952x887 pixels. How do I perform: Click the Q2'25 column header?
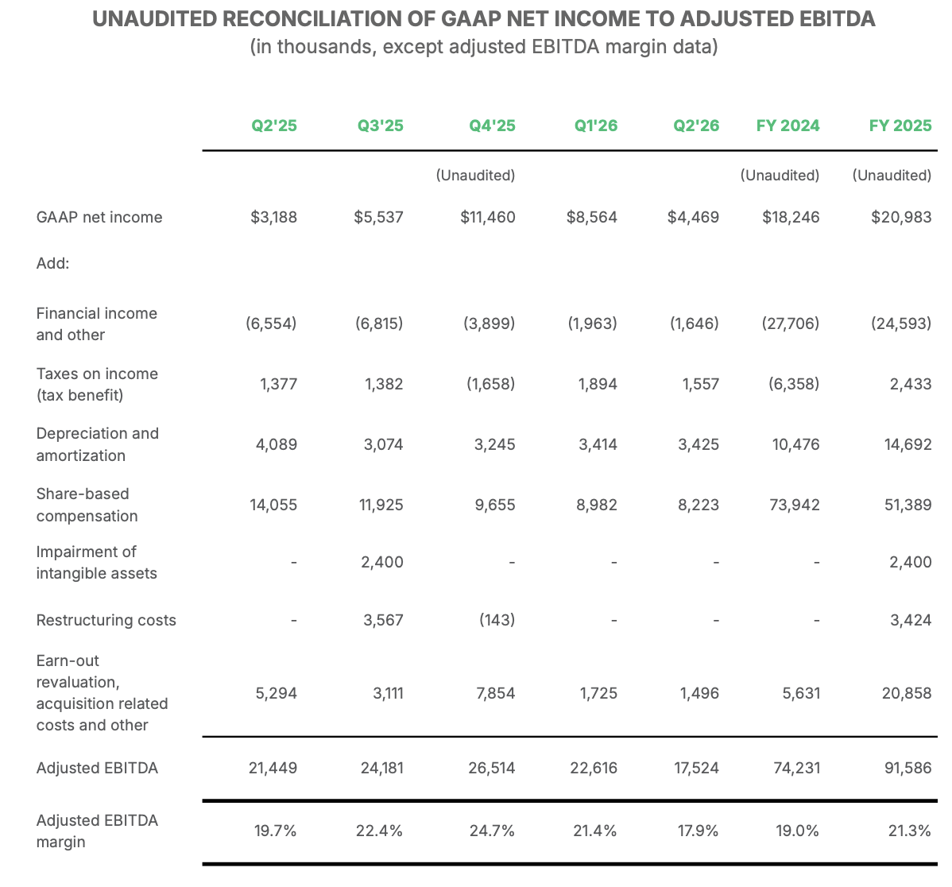click(x=274, y=126)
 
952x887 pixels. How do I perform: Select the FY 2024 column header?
click(x=788, y=126)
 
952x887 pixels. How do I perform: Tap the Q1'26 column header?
click(x=596, y=126)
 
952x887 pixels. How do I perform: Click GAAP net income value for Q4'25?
click(x=488, y=217)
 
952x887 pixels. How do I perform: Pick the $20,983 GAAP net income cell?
click(x=901, y=217)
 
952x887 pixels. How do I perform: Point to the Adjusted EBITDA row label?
click(x=97, y=768)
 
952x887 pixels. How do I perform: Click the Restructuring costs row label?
click(x=106, y=620)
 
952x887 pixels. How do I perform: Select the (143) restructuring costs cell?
click(x=497, y=620)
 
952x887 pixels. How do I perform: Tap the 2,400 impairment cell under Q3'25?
click(x=382, y=562)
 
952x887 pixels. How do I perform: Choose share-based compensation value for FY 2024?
click(x=795, y=505)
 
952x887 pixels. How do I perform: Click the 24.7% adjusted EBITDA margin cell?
click(x=493, y=831)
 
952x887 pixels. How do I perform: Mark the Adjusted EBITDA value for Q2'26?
click(x=696, y=768)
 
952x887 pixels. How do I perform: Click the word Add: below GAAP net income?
click(x=52, y=264)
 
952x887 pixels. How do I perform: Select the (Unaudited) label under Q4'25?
click(x=475, y=176)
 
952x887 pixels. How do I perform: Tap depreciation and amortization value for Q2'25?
click(x=277, y=444)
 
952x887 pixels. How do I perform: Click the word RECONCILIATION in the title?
click(x=328, y=19)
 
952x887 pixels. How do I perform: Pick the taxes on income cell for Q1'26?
click(x=598, y=385)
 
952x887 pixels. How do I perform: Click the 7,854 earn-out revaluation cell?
click(x=496, y=693)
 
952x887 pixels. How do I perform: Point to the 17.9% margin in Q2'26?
click(x=699, y=831)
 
